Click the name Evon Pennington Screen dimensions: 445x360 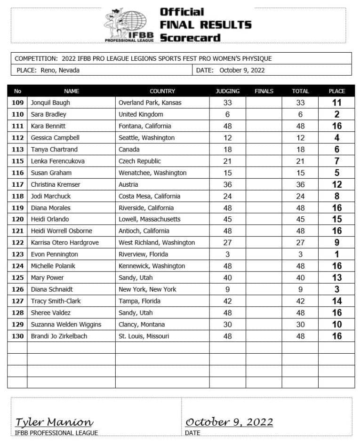pos(54,254)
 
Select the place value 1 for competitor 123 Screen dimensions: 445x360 pos(336,254)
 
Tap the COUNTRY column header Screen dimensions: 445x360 pos(162,91)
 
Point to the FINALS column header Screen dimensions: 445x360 pos(264,91)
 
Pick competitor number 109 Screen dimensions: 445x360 pos(17,103)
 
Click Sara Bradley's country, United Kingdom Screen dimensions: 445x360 pos(141,114)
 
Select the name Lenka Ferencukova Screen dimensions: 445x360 pos(57,161)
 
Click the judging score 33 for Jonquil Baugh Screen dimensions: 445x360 pos(227,103)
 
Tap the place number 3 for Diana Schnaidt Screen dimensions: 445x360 pos(336,289)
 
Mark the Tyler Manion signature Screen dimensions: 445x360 pos(54,422)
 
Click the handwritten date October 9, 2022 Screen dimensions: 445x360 pos(229,422)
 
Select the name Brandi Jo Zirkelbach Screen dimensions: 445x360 pos(59,336)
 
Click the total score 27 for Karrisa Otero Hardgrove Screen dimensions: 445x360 pos(300,243)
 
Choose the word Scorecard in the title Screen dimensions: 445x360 pos(190,38)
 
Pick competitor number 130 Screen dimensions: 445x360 pos(17,336)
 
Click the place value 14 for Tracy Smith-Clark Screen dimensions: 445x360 pos(336,301)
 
